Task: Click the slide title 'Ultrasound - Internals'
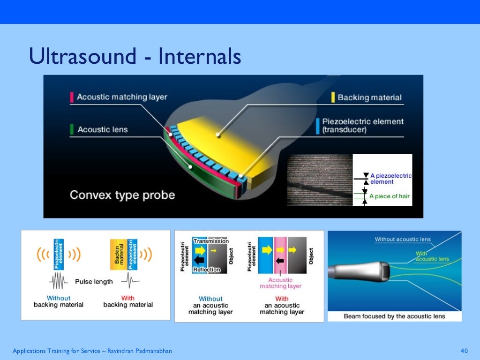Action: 135,57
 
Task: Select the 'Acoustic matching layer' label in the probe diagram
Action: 121,97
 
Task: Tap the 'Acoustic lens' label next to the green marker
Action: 102,129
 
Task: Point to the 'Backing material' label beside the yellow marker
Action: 369,97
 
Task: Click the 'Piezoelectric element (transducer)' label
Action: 362,126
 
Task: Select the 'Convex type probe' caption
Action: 122,195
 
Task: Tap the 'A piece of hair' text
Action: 389,196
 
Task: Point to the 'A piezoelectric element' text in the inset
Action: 390,179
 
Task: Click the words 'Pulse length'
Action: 94,282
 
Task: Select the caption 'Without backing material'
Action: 59,301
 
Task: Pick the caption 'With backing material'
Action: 128,301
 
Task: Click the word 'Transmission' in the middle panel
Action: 211,241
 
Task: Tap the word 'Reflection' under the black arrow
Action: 207,270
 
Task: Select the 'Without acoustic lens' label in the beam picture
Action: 402,240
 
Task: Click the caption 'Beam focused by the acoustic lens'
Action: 394,316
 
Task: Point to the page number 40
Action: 465,351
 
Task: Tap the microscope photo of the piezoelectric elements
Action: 320,180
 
